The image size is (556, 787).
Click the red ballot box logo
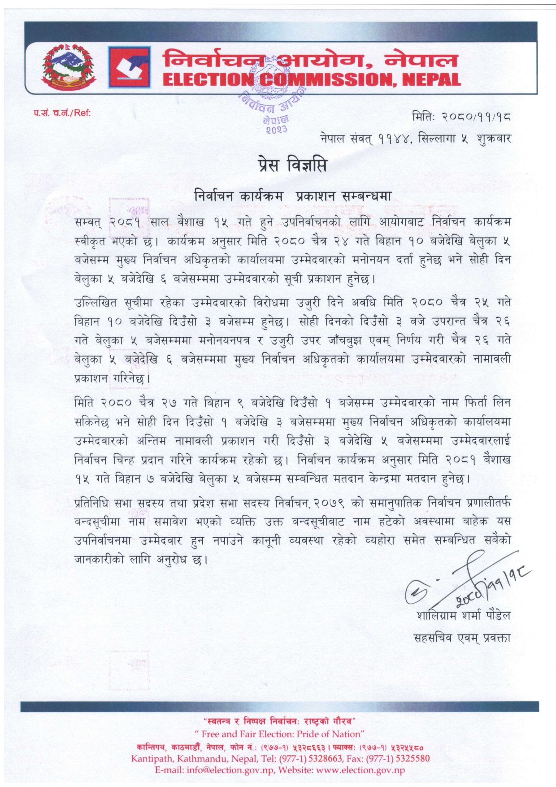coord(129,66)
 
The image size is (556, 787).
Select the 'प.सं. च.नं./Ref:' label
coord(62,113)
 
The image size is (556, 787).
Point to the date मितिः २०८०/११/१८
coord(461,117)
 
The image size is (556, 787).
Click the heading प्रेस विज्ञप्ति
coord(292,165)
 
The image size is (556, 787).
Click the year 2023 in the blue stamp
coord(277,130)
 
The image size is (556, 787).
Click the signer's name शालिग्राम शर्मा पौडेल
coord(463,615)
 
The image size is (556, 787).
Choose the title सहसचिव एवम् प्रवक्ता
coord(462,637)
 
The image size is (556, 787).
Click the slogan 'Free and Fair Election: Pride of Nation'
coord(280,734)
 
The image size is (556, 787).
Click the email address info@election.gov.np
coord(230,770)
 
